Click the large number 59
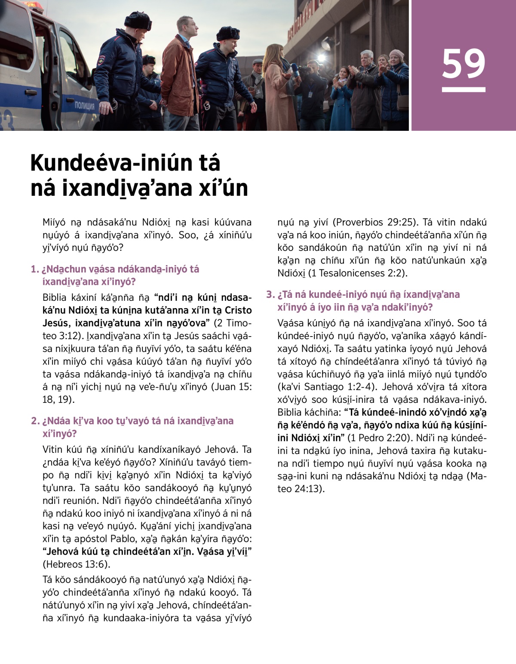click(x=464, y=64)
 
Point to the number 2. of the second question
click(x=35, y=421)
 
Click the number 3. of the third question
click(x=270, y=295)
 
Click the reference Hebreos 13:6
click(x=76, y=564)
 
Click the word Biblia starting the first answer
click(x=55, y=298)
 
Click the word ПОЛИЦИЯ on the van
click(x=85, y=105)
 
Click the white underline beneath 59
click(x=464, y=90)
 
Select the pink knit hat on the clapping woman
click(x=396, y=54)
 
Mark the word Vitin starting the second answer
click(x=52, y=450)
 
